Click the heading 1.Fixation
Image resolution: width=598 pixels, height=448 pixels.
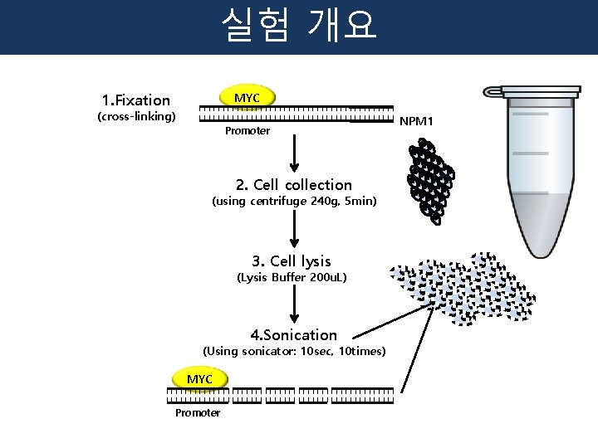[135, 100]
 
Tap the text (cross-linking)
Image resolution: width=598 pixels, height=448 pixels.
[136, 116]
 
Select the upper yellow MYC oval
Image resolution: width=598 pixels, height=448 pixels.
[247, 98]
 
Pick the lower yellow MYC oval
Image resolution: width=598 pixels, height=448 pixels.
[199, 379]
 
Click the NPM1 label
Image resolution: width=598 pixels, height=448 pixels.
[416, 121]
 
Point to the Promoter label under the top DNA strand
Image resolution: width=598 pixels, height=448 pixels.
[247, 131]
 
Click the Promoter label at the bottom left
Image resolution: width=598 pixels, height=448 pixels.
[198, 412]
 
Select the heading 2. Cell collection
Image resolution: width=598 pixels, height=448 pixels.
[294, 185]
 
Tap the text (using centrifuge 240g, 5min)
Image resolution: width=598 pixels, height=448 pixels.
[294, 202]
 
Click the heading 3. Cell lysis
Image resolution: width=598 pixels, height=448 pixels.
[292, 261]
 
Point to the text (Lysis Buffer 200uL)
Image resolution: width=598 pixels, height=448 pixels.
[292, 277]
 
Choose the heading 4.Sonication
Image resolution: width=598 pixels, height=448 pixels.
[294, 335]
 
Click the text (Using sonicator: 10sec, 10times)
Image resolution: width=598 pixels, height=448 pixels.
[294, 351]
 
